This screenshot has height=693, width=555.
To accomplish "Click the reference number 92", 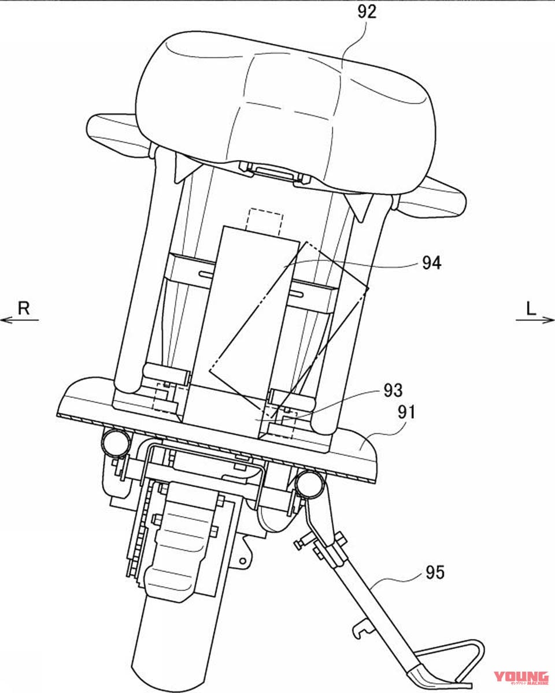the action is coord(367,12).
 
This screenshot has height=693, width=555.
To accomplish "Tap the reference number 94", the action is coord(432,263).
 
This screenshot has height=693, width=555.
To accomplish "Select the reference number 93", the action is coord(393,390).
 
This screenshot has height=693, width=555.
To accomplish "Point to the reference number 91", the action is coord(406,413).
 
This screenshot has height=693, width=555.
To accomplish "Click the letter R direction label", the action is coord(24,308).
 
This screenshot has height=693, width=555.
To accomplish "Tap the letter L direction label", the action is coord(531,309).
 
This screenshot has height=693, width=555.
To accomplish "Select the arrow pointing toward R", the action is coord(19,320).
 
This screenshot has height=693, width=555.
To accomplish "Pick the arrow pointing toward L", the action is coord(535,320).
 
